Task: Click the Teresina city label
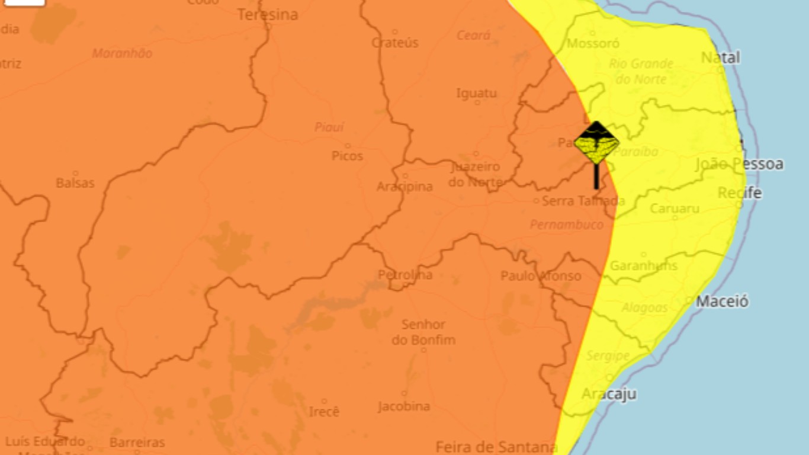[x=268, y=14]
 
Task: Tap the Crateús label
[x=395, y=42]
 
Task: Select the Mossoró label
[x=593, y=43]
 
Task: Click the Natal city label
[x=720, y=57]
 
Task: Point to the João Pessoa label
[x=739, y=164]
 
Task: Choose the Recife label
[x=739, y=193]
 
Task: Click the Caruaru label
[x=675, y=209]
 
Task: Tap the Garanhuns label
[x=643, y=265]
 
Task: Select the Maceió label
[x=722, y=301]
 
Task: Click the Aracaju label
[x=609, y=394]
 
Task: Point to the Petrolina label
[x=405, y=275]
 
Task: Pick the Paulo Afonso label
[x=541, y=275]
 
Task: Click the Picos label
[x=348, y=156]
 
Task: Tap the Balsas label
[x=75, y=182]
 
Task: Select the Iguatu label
[x=476, y=93]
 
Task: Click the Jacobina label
[x=404, y=406]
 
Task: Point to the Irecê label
[x=324, y=411]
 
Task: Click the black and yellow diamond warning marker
[x=596, y=143]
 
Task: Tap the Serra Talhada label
[x=583, y=201]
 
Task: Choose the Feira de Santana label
[x=496, y=446]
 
